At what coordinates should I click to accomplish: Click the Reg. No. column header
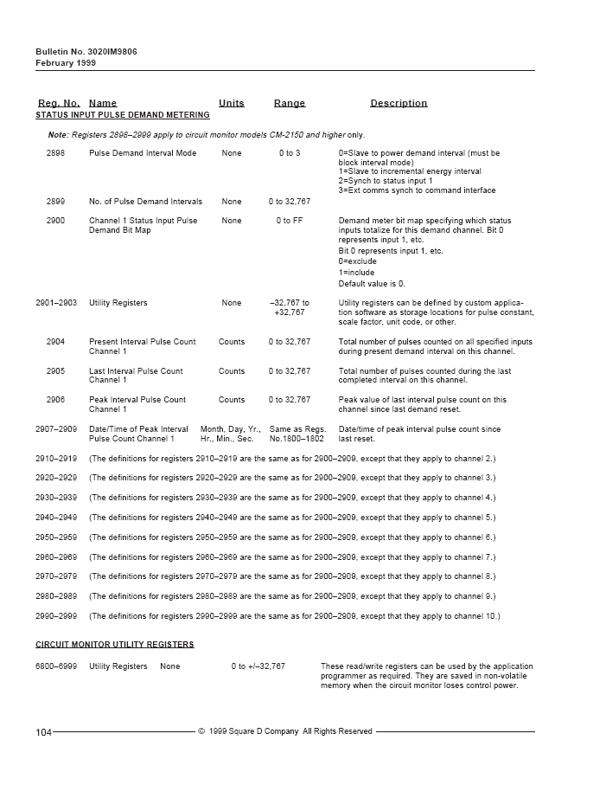coord(58,103)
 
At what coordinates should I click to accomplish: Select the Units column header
coord(231,103)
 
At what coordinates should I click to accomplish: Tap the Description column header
coord(399,103)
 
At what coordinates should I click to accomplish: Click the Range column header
coord(290,103)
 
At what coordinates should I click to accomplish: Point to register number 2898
coord(55,153)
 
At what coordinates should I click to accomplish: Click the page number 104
coord(43,732)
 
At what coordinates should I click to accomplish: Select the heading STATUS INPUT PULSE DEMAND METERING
coord(122,115)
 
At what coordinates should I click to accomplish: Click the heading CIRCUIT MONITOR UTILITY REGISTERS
coord(114,645)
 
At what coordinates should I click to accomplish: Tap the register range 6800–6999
coord(56,666)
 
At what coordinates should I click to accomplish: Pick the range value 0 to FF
coord(290,221)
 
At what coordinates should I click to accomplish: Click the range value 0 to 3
coord(290,153)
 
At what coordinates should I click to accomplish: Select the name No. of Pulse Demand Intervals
coord(145,202)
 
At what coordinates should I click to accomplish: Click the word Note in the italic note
coord(57,135)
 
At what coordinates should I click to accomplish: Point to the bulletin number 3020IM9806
coord(112,52)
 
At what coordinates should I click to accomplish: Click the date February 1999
coord(66,63)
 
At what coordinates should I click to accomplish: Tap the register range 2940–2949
coord(56,518)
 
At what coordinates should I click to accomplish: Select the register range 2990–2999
coord(56,616)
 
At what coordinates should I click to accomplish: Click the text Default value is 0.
coord(372,284)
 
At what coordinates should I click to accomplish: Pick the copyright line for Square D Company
coord(285,731)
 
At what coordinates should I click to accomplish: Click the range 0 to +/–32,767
coord(258,666)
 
